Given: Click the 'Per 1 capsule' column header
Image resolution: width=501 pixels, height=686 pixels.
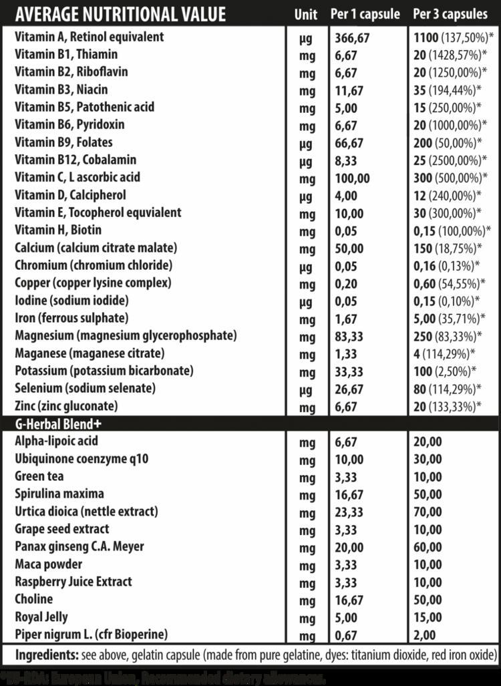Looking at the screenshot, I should (365, 14).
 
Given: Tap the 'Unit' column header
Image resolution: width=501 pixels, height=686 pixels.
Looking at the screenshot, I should (305, 14).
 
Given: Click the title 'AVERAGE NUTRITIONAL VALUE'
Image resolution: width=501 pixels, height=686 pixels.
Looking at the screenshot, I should (120, 14).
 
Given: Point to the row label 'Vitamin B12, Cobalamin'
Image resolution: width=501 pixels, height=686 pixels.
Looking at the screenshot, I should (75, 160).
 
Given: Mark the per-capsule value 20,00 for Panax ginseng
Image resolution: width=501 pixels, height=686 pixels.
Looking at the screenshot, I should (349, 547).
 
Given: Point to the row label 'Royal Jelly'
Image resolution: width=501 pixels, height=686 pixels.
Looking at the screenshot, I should (41, 617).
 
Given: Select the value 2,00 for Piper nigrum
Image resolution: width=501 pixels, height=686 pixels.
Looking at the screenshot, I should (425, 635).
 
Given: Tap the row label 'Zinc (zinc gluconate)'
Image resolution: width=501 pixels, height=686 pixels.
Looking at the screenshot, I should (66, 405).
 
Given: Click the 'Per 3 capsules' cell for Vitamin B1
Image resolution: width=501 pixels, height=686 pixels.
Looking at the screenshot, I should (451, 55).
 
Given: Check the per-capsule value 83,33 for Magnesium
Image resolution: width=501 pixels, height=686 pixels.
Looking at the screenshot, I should (349, 335).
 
